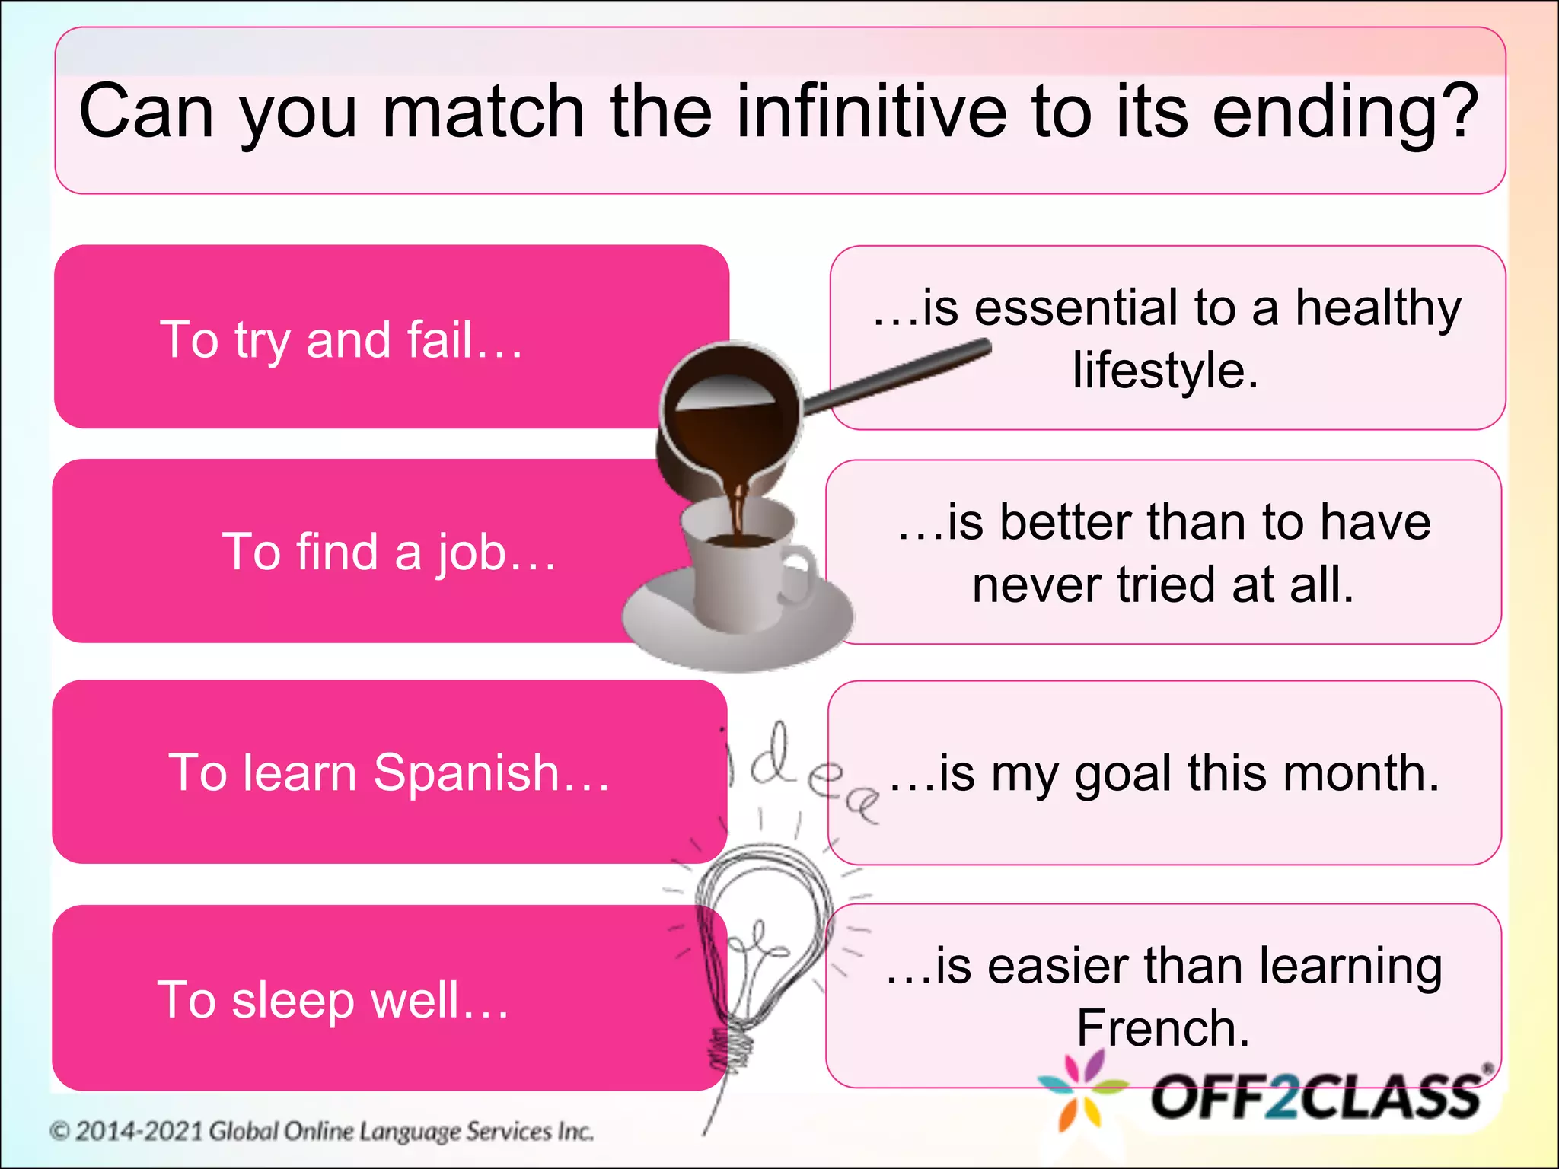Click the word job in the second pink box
[x=472, y=553]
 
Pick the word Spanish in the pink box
[x=466, y=773]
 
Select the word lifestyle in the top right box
[x=1165, y=371]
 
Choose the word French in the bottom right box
[x=1162, y=1029]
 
